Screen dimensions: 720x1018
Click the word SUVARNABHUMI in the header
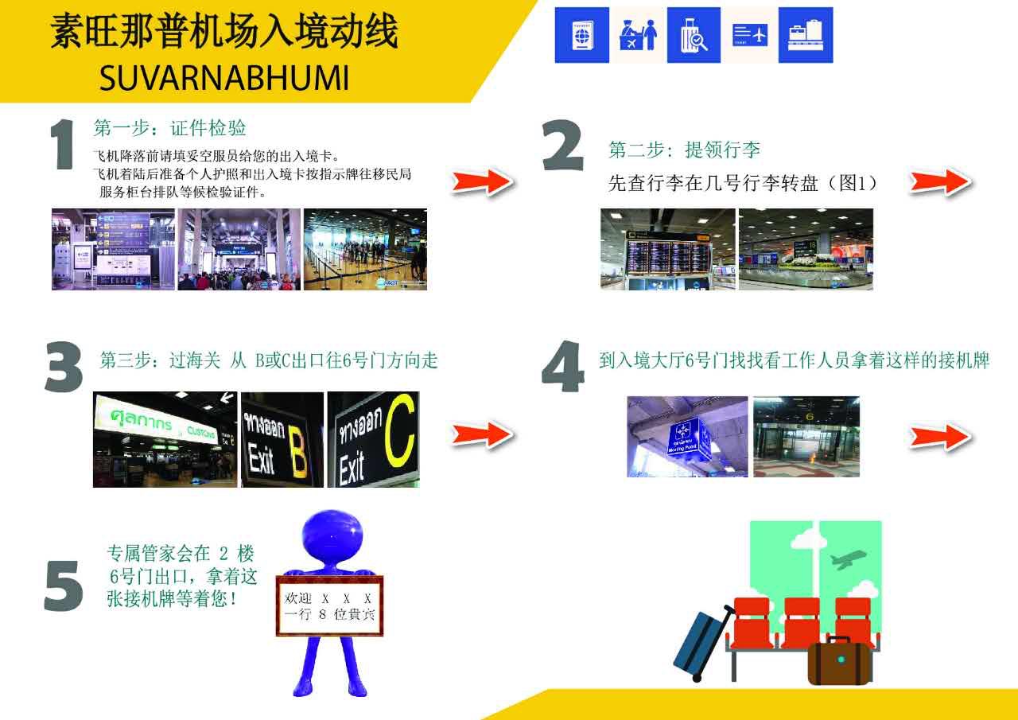tap(224, 78)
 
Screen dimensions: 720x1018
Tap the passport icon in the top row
tap(581, 35)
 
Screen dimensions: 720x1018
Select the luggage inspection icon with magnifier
tap(694, 35)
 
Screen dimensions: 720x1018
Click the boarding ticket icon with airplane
tap(749, 35)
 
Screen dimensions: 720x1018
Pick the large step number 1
tap(63, 146)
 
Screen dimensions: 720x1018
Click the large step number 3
tap(64, 368)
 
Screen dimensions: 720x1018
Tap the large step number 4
tap(563, 368)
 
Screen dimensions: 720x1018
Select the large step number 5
tap(64, 586)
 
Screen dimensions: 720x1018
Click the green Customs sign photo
tap(165, 439)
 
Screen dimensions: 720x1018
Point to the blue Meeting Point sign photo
tap(686, 436)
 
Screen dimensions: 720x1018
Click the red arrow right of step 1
tap(483, 182)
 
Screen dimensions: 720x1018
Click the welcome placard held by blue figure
tap(329, 605)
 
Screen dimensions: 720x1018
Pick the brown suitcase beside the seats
tap(839, 661)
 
